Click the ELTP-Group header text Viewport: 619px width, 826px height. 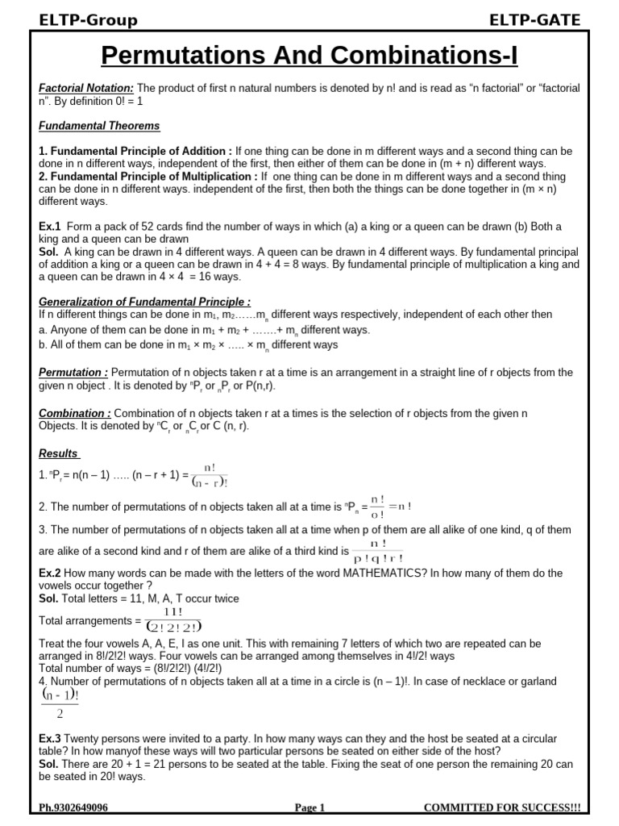coord(89,20)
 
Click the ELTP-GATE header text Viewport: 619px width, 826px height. coord(535,20)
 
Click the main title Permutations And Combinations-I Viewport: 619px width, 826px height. coord(309,56)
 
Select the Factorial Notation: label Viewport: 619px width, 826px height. coord(87,87)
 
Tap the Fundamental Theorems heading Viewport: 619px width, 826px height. coord(99,126)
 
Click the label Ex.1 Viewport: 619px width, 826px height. coord(51,227)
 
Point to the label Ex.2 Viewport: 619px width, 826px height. coord(51,572)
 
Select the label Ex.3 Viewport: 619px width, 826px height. coord(51,739)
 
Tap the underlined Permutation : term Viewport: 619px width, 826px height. coord(73,372)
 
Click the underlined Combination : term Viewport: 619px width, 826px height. coord(75,413)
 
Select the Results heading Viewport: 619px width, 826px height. coord(59,453)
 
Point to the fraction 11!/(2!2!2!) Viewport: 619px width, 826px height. coord(172,620)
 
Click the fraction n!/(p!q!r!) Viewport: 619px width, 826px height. coord(377,551)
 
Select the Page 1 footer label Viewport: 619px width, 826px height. coord(309,807)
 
